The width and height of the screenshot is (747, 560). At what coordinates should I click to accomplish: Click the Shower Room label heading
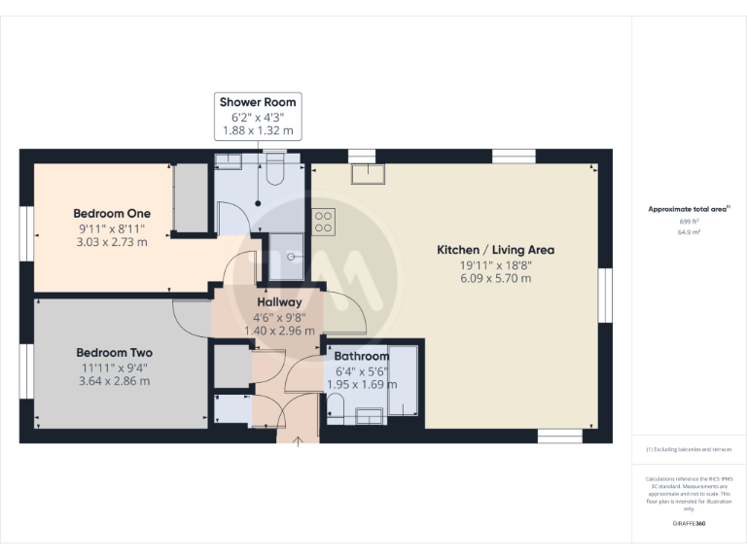coord(258,102)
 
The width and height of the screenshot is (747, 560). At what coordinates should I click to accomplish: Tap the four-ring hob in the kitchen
coord(324,222)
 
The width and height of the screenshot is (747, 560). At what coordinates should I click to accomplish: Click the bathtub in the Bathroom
coord(402,380)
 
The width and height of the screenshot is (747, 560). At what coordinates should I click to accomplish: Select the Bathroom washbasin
coord(369,417)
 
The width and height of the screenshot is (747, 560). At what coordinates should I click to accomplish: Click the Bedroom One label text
coord(112,214)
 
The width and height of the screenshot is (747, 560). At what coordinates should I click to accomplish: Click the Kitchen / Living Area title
coord(495,250)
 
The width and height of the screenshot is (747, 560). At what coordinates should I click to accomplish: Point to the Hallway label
coord(280,302)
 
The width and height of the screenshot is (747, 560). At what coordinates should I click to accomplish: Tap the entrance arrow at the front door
coord(298,445)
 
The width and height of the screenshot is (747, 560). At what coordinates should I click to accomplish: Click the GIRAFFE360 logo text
coord(690,523)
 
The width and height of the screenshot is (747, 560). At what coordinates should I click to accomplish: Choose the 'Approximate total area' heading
coord(688,209)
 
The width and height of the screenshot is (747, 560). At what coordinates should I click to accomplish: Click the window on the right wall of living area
coord(604,294)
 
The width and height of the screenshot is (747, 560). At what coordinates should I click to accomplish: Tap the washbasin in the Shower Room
coord(231,161)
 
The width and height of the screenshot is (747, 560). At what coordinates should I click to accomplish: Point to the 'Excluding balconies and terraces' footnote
coord(690,449)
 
